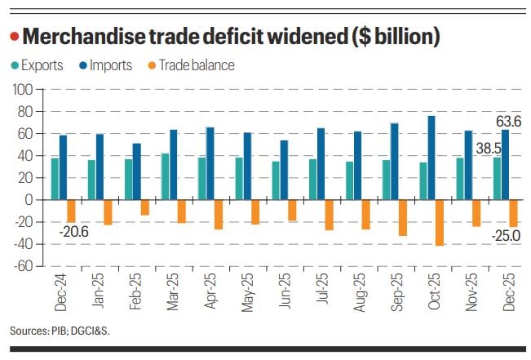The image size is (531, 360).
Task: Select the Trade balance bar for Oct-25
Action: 440,222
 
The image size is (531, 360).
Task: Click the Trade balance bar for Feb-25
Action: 145,207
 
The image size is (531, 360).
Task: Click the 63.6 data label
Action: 509,122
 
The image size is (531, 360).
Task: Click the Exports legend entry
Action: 38,65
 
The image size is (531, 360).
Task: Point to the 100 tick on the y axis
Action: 21,89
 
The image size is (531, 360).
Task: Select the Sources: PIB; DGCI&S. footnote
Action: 60,331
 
